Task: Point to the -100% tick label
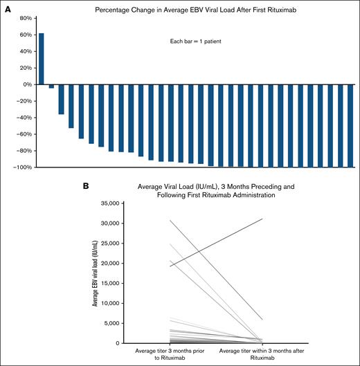tap(24, 167)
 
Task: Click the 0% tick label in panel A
tap(28, 84)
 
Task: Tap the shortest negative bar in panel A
tap(51, 86)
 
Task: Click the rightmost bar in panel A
tap(350, 125)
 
